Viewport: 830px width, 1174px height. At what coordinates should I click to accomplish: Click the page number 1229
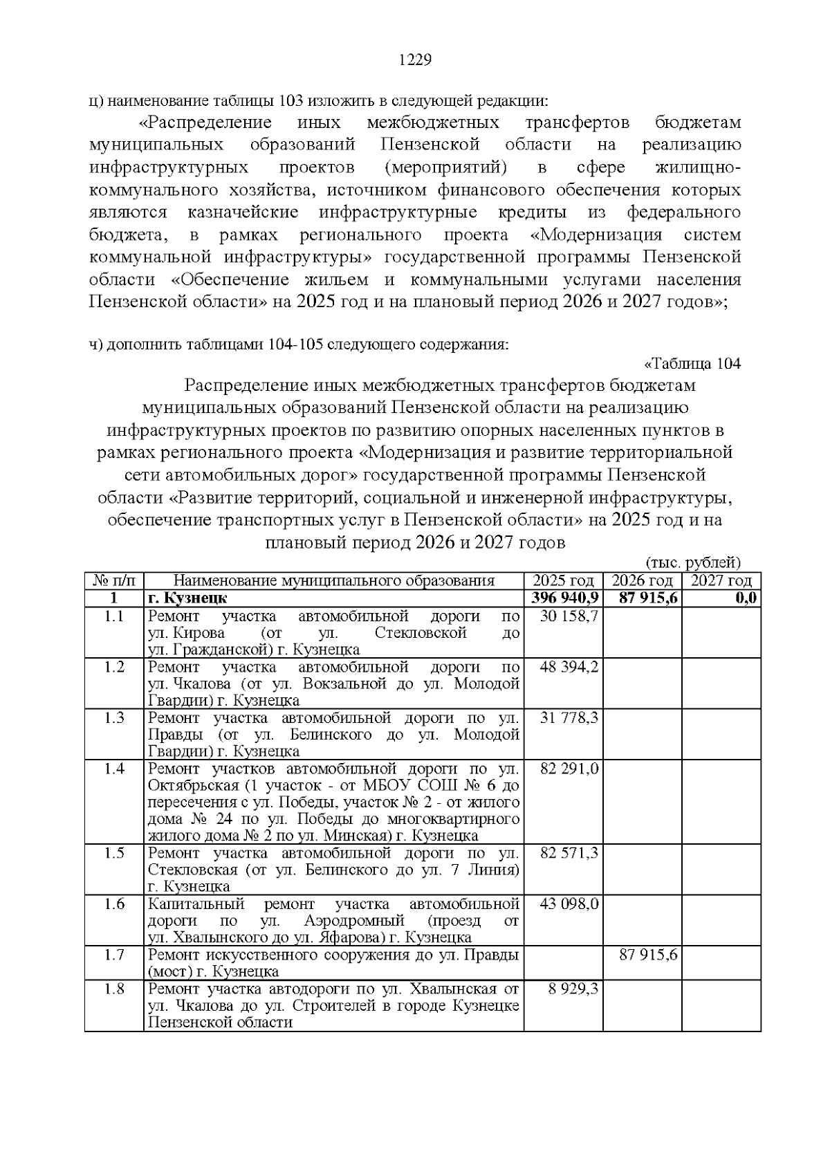click(415, 60)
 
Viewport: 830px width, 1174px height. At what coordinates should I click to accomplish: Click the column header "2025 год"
click(563, 581)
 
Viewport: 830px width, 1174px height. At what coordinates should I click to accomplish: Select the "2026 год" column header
click(643, 581)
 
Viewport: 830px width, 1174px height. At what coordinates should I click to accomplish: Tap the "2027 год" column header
click(721, 581)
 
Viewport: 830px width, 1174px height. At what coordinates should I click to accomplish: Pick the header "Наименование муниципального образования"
click(333, 581)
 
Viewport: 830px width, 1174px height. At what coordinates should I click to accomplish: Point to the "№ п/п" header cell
click(114, 581)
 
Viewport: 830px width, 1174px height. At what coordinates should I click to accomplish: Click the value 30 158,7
click(569, 616)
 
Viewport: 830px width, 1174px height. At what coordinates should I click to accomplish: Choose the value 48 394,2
click(569, 667)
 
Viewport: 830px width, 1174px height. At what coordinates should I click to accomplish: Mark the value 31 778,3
click(569, 718)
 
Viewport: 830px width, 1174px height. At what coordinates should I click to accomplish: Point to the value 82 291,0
click(569, 769)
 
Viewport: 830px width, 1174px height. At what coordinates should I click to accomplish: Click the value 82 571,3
click(569, 853)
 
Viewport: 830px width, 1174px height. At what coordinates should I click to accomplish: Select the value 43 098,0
click(569, 904)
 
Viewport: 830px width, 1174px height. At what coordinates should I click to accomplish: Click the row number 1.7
click(114, 955)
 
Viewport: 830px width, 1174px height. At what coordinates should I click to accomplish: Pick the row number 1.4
click(114, 769)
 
